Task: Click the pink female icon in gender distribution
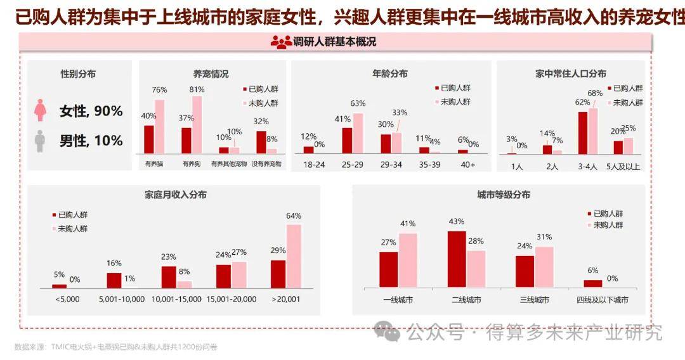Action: pyautogui.click(x=40, y=110)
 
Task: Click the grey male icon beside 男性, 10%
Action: pyautogui.click(x=40, y=141)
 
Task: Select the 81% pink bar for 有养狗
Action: pyautogui.click(x=197, y=124)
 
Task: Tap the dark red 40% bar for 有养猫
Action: pyautogui.click(x=149, y=139)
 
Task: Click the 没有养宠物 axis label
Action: pyautogui.click(x=266, y=164)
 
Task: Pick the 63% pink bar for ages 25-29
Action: pyautogui.click(x=358, y=133)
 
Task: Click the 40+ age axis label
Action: pyautogui.click(x=467, y=164)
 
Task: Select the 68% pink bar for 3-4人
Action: pyautogui.click(x=594, y=131)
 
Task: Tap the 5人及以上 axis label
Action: pyautogui.click(x=623, y=167)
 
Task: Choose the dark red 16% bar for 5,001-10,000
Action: pyautogui.click(x=114, y=281)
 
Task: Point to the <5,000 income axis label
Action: pyautogui.click(x=67, y=299)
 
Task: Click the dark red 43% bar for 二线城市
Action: pyautogui.click(x=457, y=260)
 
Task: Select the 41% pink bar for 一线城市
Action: pyautogui.click(x=408, y=260)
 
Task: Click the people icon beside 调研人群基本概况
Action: pyautogui.click(x=281, y=42)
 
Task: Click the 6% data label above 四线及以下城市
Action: pyautogui.click(x=593, y=271)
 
